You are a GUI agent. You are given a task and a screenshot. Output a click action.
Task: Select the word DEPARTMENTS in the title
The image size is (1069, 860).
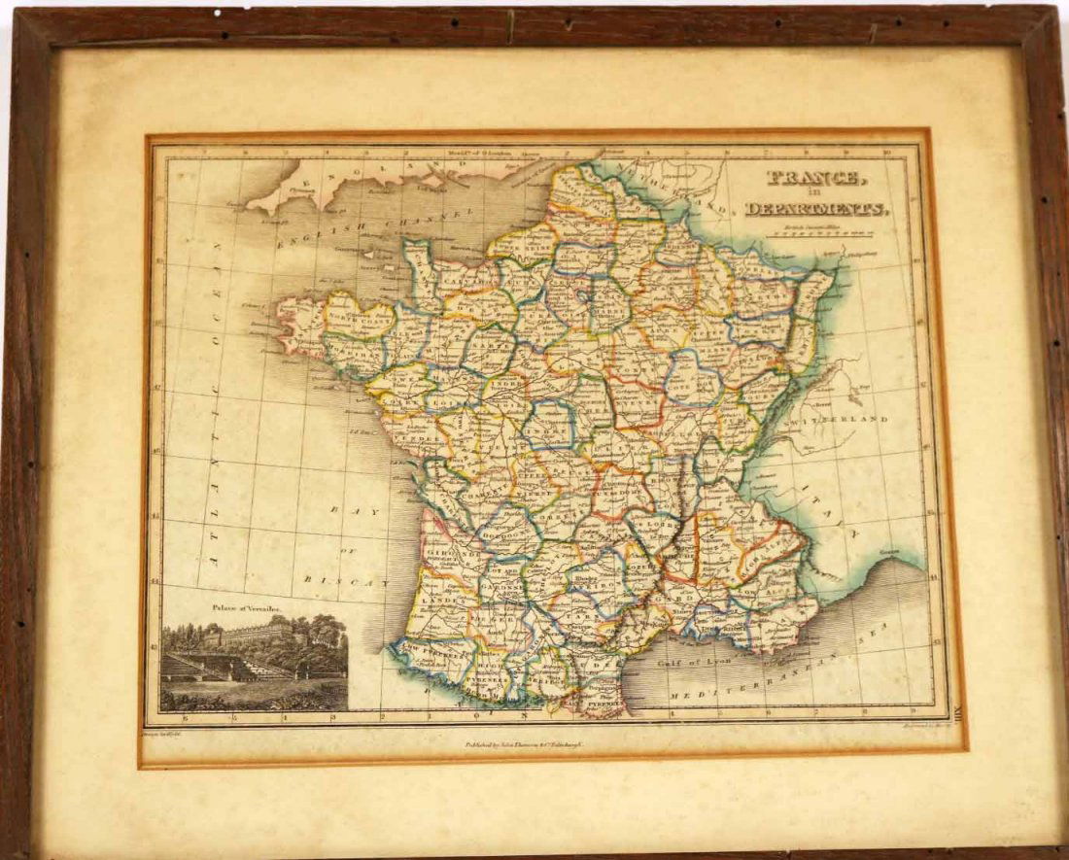815,208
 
